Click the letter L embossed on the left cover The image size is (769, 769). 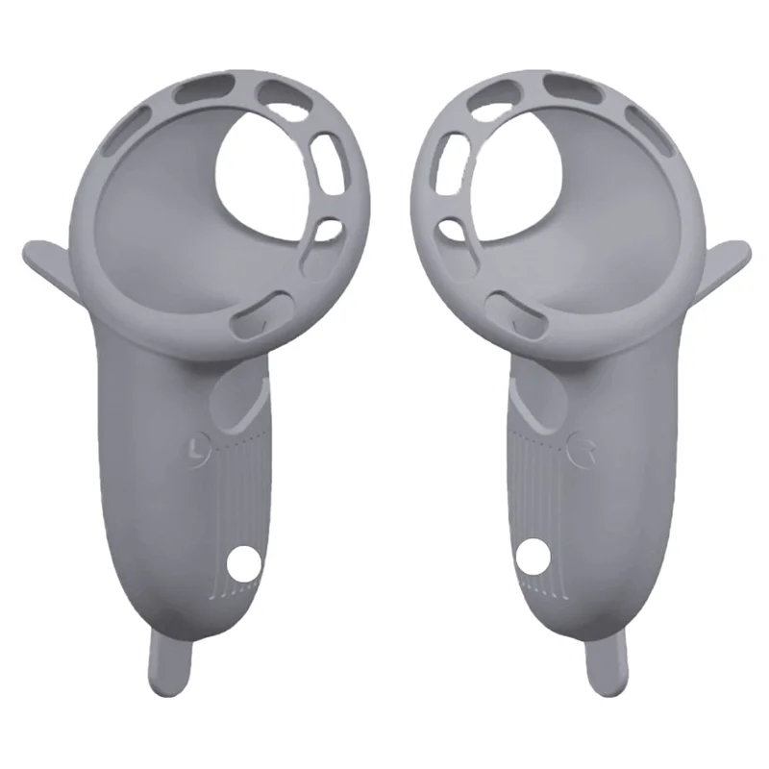(x=198, y=447)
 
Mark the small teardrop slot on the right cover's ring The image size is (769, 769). (x=449, y=231)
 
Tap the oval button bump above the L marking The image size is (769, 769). (x=236, y=400)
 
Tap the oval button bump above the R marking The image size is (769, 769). (x=538, y=400)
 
